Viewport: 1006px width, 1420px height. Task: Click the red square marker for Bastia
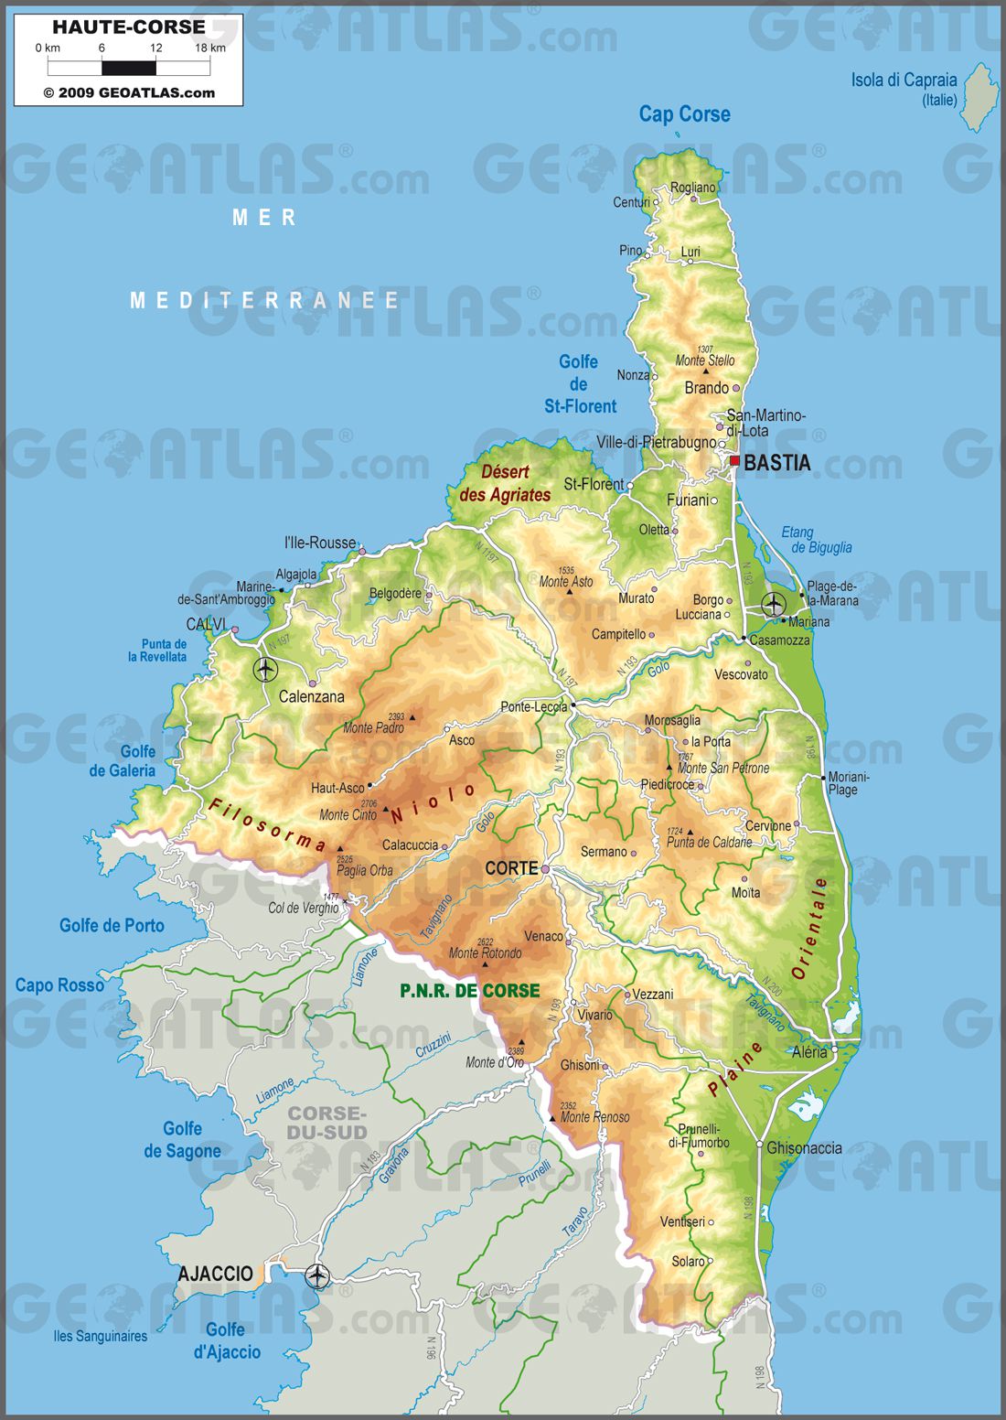[734, 461]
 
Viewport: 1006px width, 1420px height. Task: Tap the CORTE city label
[510, 868]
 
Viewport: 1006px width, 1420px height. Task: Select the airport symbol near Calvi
[265, 670]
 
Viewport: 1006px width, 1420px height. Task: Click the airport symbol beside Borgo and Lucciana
[774, 604]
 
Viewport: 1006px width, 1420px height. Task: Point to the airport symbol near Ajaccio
[317, 1275]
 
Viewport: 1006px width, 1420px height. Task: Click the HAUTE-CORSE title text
[128, 27]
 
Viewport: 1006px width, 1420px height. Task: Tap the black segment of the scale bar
[129, 68]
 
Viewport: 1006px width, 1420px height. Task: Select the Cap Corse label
[684, 114]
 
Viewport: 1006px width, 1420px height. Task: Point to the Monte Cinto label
[348, 814]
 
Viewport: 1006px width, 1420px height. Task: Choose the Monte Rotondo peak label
[485, 952]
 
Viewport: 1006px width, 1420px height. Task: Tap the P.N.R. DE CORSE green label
[469, 990]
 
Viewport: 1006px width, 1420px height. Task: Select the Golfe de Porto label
[112, 925]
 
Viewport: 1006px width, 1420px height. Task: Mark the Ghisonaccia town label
[804, 1147]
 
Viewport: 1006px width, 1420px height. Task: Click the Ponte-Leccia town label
[533, 707]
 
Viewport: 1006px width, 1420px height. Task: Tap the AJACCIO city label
[215, 1274]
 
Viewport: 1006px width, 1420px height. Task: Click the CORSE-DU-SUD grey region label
[326, 1123]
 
